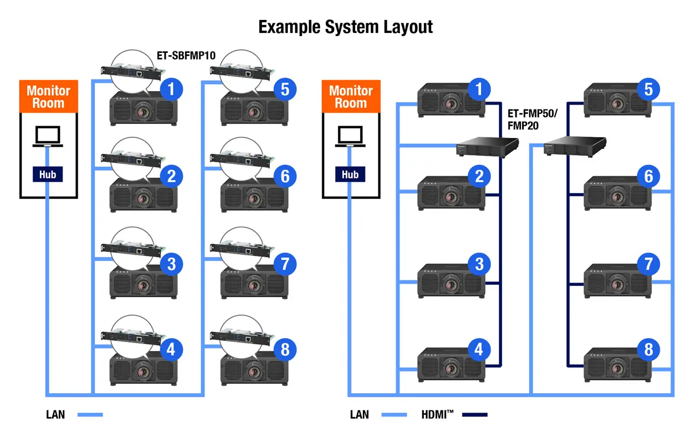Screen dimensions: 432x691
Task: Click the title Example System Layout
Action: coord(345,27)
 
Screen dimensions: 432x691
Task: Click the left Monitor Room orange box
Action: coord(49,97)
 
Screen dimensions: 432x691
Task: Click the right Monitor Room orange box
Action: coord(351,97)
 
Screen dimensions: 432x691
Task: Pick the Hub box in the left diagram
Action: coord(48,174)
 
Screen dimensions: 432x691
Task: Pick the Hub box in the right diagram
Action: coord(350,174)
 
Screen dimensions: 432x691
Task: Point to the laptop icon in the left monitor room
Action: coord(48,137)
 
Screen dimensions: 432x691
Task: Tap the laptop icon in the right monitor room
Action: coord(350,137)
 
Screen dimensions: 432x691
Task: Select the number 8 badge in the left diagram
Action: coord(285,350)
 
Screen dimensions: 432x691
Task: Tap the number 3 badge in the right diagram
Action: coord(479,264)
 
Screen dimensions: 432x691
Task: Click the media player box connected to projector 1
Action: coord(486,147)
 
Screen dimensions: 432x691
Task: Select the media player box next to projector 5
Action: coord(574,146)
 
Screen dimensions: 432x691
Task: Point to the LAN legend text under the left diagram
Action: coord(56,415)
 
